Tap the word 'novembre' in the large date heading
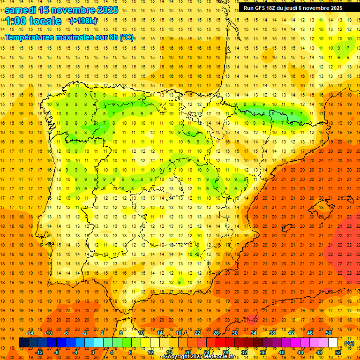72,10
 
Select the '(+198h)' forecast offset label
83,21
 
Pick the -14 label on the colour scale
30,333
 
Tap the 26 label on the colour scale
216,333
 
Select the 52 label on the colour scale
338,352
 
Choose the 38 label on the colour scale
272,333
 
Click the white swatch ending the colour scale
333,343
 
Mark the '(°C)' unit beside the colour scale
349,343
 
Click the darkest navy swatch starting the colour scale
23,343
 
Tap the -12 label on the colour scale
39,352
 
